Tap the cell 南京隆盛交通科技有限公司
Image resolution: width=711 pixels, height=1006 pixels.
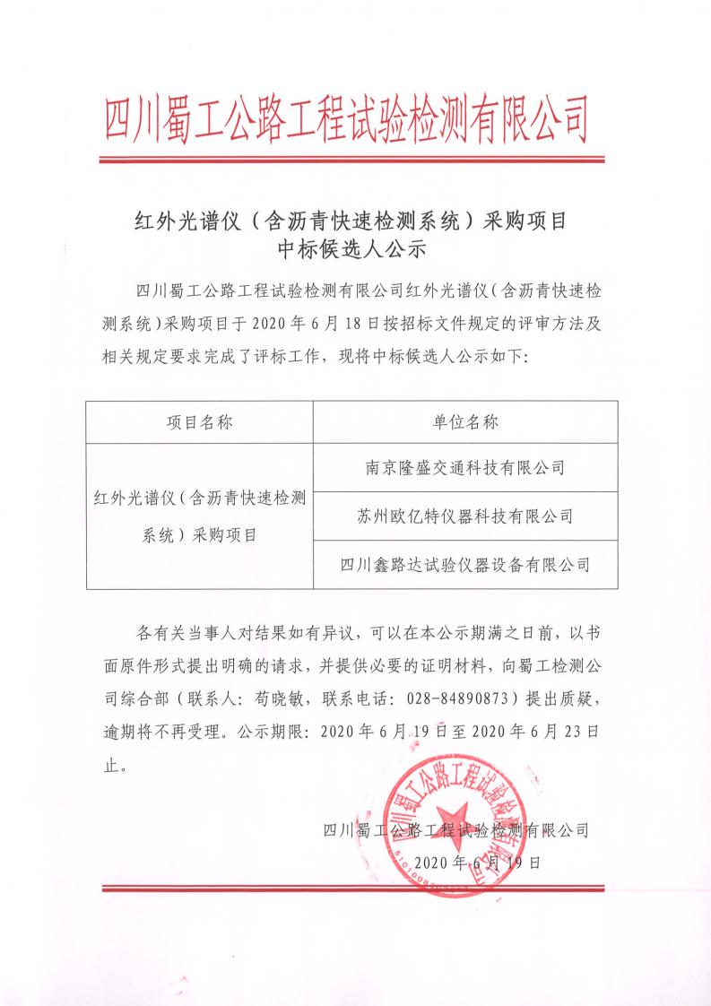click(464, 467)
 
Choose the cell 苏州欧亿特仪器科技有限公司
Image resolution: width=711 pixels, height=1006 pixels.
click(464, 516)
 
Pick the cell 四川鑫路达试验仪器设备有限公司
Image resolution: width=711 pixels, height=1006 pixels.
click(464, 564)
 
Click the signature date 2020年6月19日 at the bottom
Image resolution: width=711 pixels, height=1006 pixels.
click(465, 863)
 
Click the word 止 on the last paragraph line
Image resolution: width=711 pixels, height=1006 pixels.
click(111, 766)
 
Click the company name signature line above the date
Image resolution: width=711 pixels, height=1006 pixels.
click(455, 830)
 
